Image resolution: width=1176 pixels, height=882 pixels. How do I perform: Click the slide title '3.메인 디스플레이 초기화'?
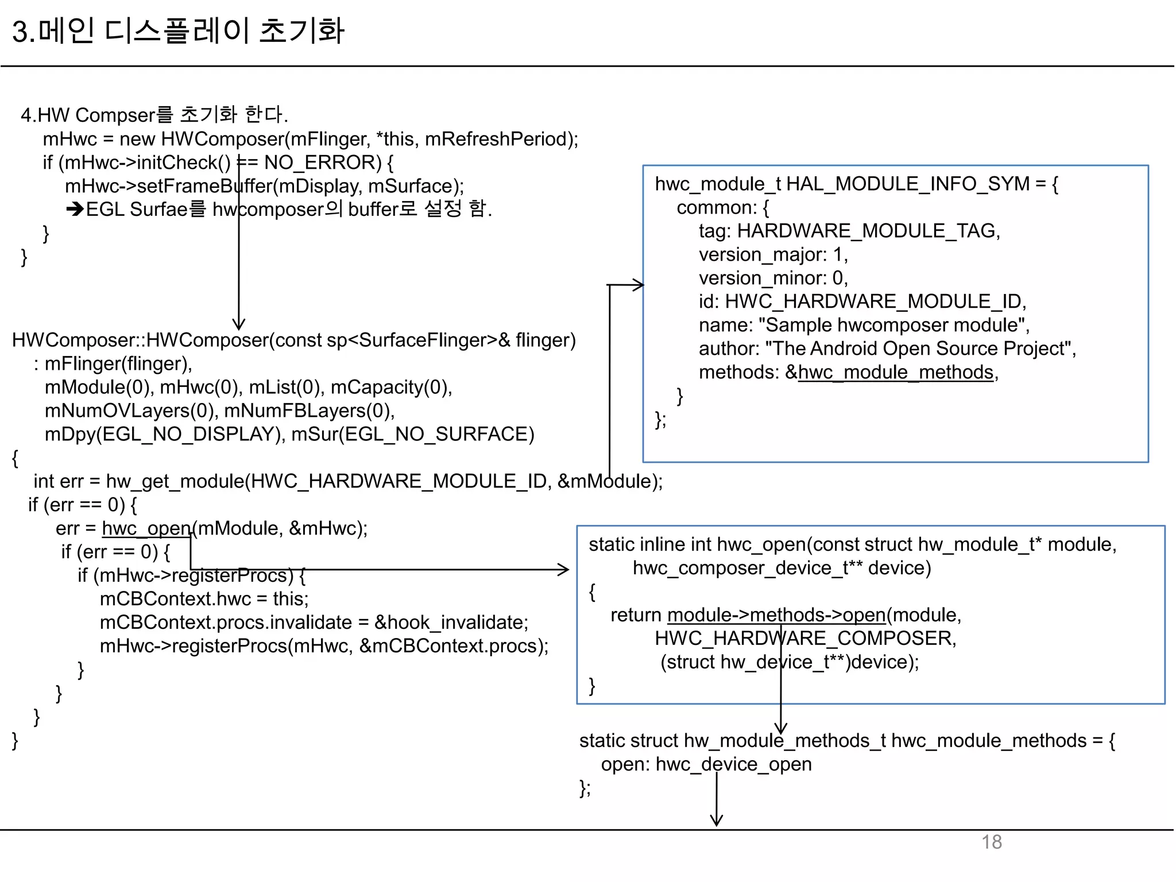[x=178, y=31]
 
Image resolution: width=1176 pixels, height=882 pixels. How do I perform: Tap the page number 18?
[x=992, y=842]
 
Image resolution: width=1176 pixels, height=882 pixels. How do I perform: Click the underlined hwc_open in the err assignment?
[x=146, y=528]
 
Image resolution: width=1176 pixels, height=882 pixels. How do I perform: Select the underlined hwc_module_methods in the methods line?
[x=896, y=372]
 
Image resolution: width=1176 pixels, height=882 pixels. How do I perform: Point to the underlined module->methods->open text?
[x=776, y=615]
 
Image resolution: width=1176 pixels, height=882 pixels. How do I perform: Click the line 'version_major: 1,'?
[x=773, y=254]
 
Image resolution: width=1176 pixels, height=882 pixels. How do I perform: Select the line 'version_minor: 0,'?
[x=773, y=278]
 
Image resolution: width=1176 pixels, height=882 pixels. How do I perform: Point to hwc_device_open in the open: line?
[x=734, y=764]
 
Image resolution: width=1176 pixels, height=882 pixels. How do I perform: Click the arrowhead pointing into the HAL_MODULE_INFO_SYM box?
[x=639, y=285]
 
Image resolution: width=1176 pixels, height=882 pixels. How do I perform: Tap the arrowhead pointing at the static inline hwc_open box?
[x=564, y=570]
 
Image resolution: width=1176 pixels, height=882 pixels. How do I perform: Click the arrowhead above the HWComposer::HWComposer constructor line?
[x=239, y=324]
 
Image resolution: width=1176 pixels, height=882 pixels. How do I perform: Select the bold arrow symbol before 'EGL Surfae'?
[x=75, y=209]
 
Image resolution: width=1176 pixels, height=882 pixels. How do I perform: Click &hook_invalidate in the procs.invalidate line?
[x=450, y=622]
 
